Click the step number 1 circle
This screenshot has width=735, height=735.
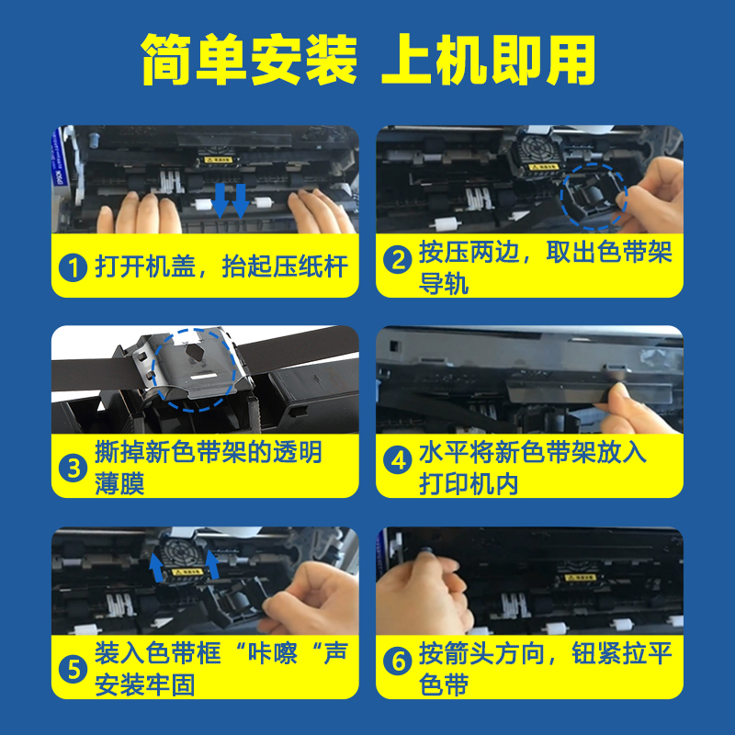coord(73,267)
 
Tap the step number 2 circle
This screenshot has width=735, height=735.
coord(398,259)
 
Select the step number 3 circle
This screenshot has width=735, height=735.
coord(73,468)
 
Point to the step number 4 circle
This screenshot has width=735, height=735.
coord(398,460)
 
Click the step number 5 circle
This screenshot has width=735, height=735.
coord(73,669)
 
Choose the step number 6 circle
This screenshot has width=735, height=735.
coord(398,661)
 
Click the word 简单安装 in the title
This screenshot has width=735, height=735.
coord(249,60)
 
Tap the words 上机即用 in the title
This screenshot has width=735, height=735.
coord(489,60)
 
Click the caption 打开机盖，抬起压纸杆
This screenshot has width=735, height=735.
coord(221,266)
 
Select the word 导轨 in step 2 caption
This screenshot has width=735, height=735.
coord(444,284)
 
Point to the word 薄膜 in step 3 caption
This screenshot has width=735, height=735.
coord(119,484)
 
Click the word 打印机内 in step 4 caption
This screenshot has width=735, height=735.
coord(469,484)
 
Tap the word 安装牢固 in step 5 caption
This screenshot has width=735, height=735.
coord(144,684)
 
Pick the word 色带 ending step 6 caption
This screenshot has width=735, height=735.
coord(444,684)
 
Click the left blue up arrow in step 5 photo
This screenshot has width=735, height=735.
coord(157,567)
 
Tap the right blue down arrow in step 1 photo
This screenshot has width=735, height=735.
coord(241,201)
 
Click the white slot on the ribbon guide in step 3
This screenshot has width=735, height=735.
coord(203,376)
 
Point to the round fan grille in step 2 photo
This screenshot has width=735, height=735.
coord(535,148)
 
